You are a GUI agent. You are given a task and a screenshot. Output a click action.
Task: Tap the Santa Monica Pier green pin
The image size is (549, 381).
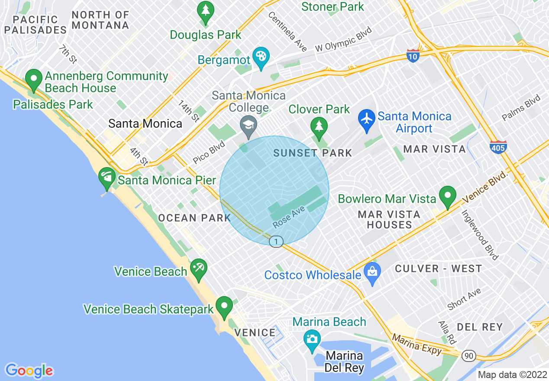click(107, 177)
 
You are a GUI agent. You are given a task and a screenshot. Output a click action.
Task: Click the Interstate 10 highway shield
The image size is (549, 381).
click(413, 55)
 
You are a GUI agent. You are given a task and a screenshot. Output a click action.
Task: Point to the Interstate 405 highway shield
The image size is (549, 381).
click(498, 147)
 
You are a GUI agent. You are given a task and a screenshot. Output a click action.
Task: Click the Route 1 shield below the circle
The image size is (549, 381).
click(276, 241)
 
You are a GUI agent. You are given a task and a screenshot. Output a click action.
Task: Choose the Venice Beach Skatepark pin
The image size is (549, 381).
click(224, 306)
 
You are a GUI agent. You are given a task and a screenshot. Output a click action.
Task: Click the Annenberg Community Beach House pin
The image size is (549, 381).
click(33, 79)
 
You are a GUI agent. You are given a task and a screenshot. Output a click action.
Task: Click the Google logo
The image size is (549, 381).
click(29, 371)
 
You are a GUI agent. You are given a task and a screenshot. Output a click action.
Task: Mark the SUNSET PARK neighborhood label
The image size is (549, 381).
click(313, 153)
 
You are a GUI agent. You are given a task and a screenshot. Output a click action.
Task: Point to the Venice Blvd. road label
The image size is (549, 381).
click(484, 187)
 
